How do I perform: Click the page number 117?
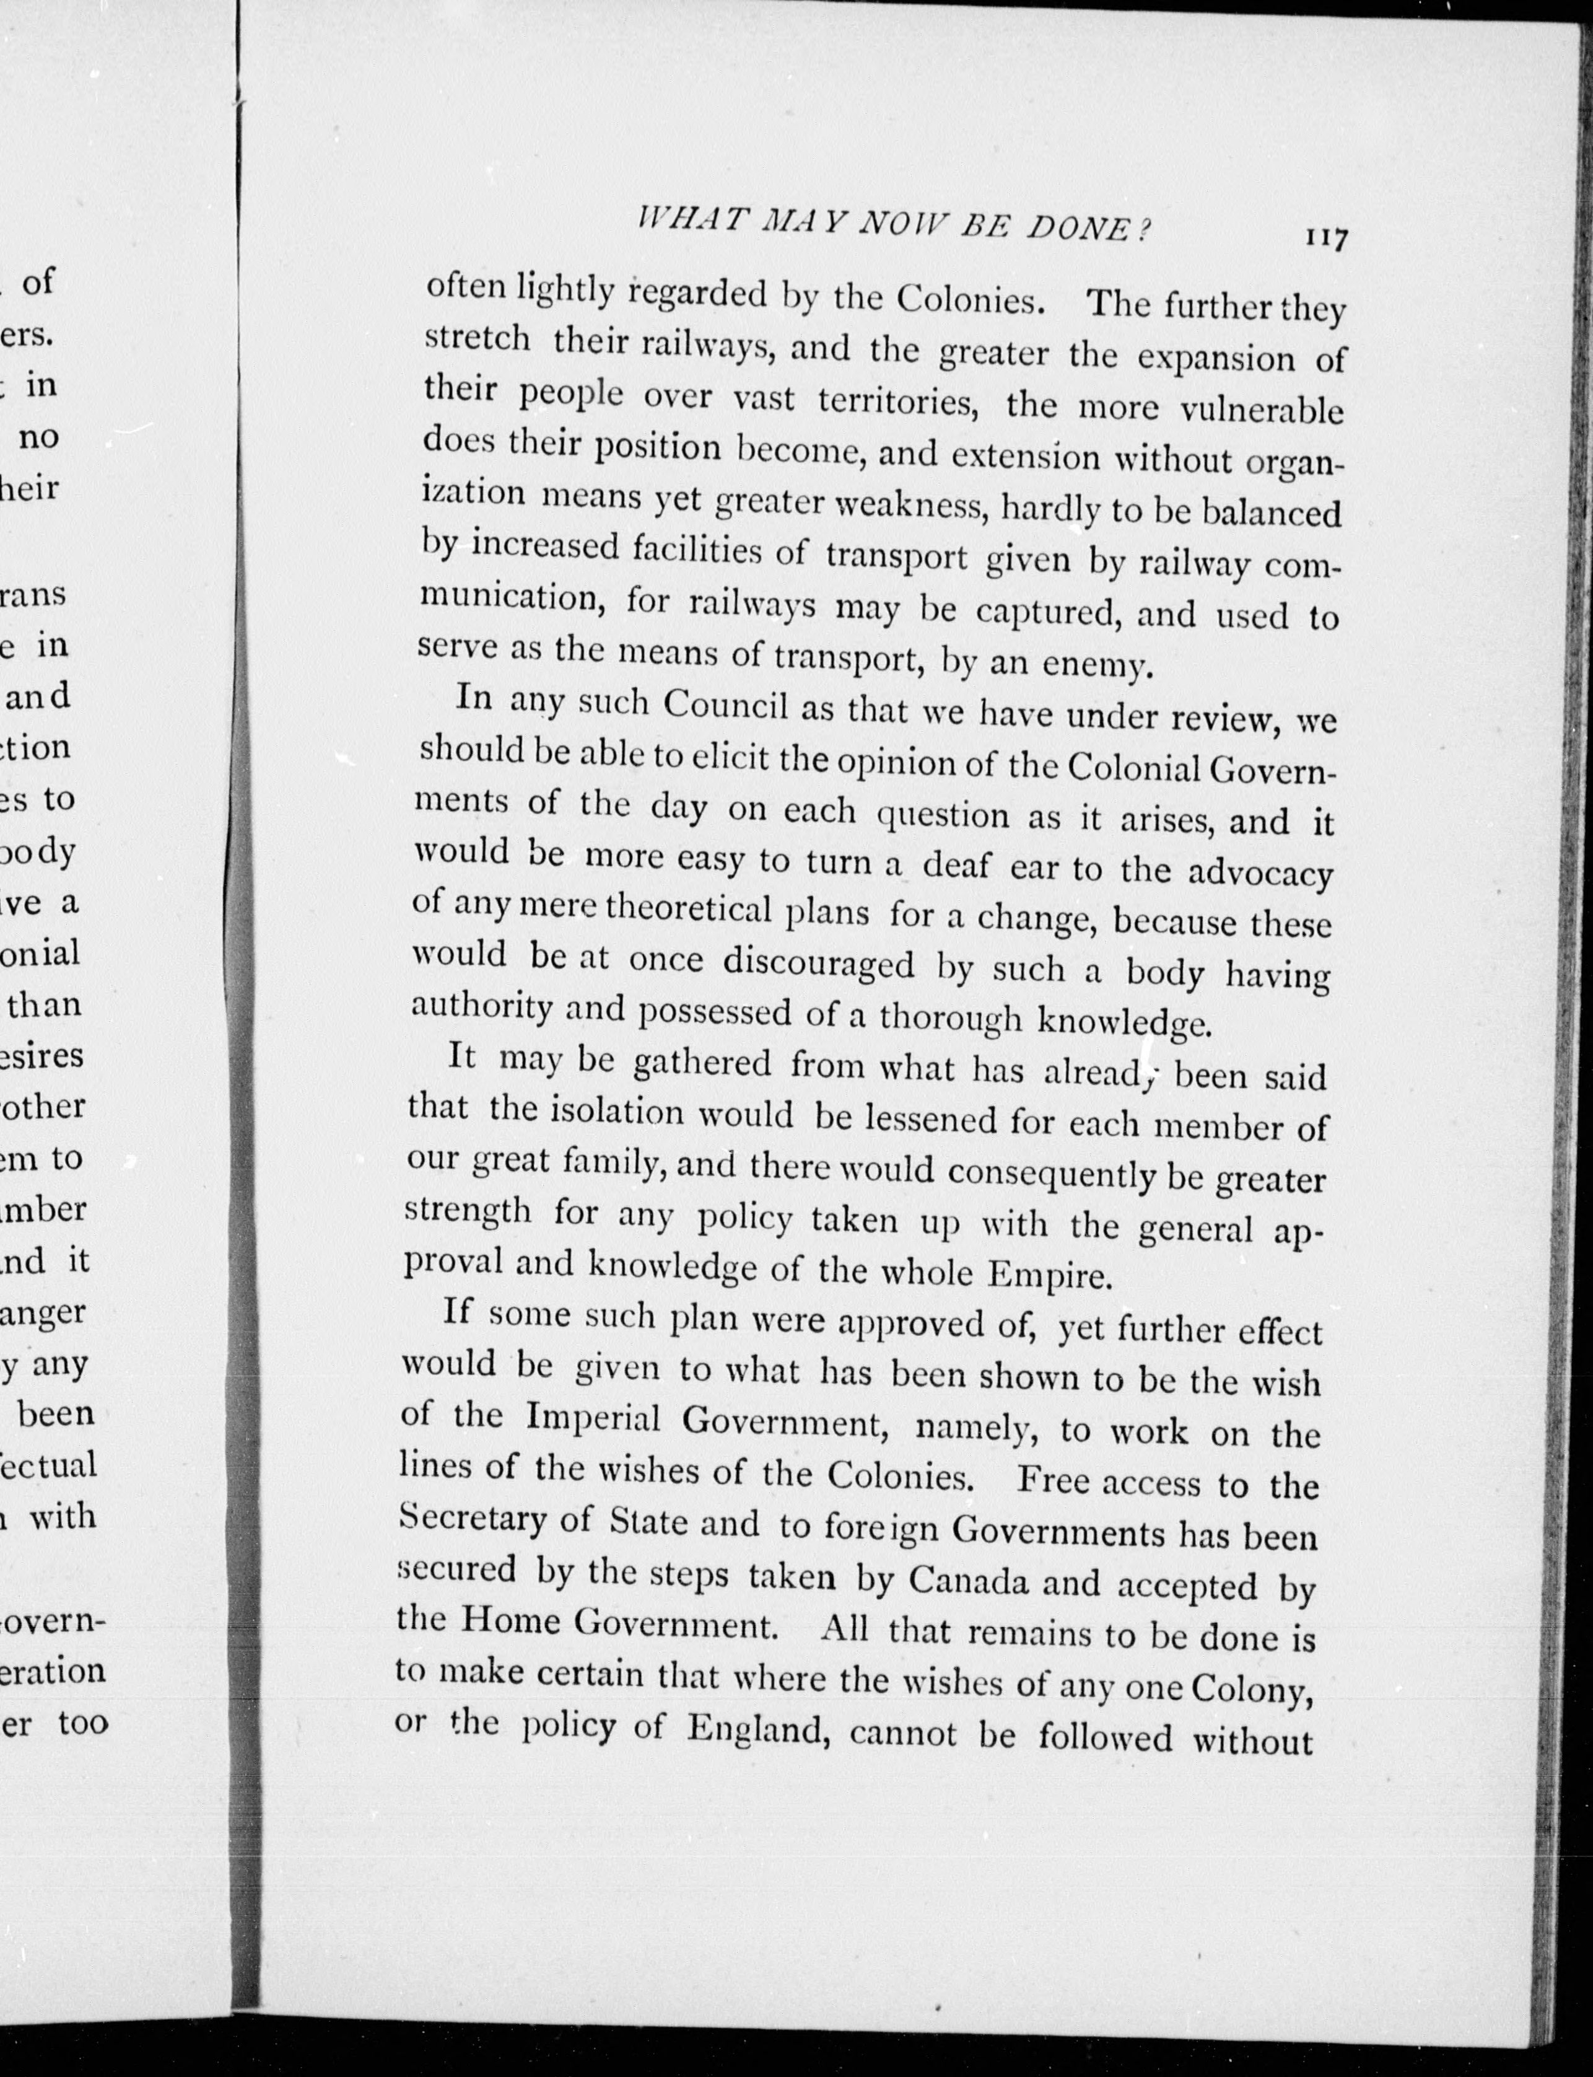click(x=1325, y=238)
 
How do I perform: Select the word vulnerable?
click(x=1262, y=409)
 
